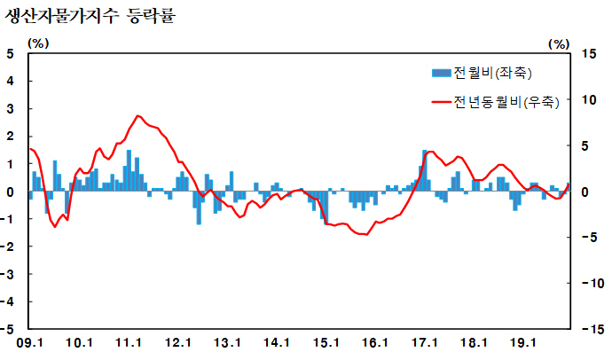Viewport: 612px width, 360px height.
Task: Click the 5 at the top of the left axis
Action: point(11,53)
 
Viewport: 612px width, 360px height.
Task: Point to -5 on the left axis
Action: point(9,328)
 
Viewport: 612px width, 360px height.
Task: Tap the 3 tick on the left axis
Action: point(11,108)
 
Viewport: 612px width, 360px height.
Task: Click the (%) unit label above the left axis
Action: point(39,42)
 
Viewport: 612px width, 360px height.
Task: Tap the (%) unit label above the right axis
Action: point(559,42)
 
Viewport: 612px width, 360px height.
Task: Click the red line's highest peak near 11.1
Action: point(138,116)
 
